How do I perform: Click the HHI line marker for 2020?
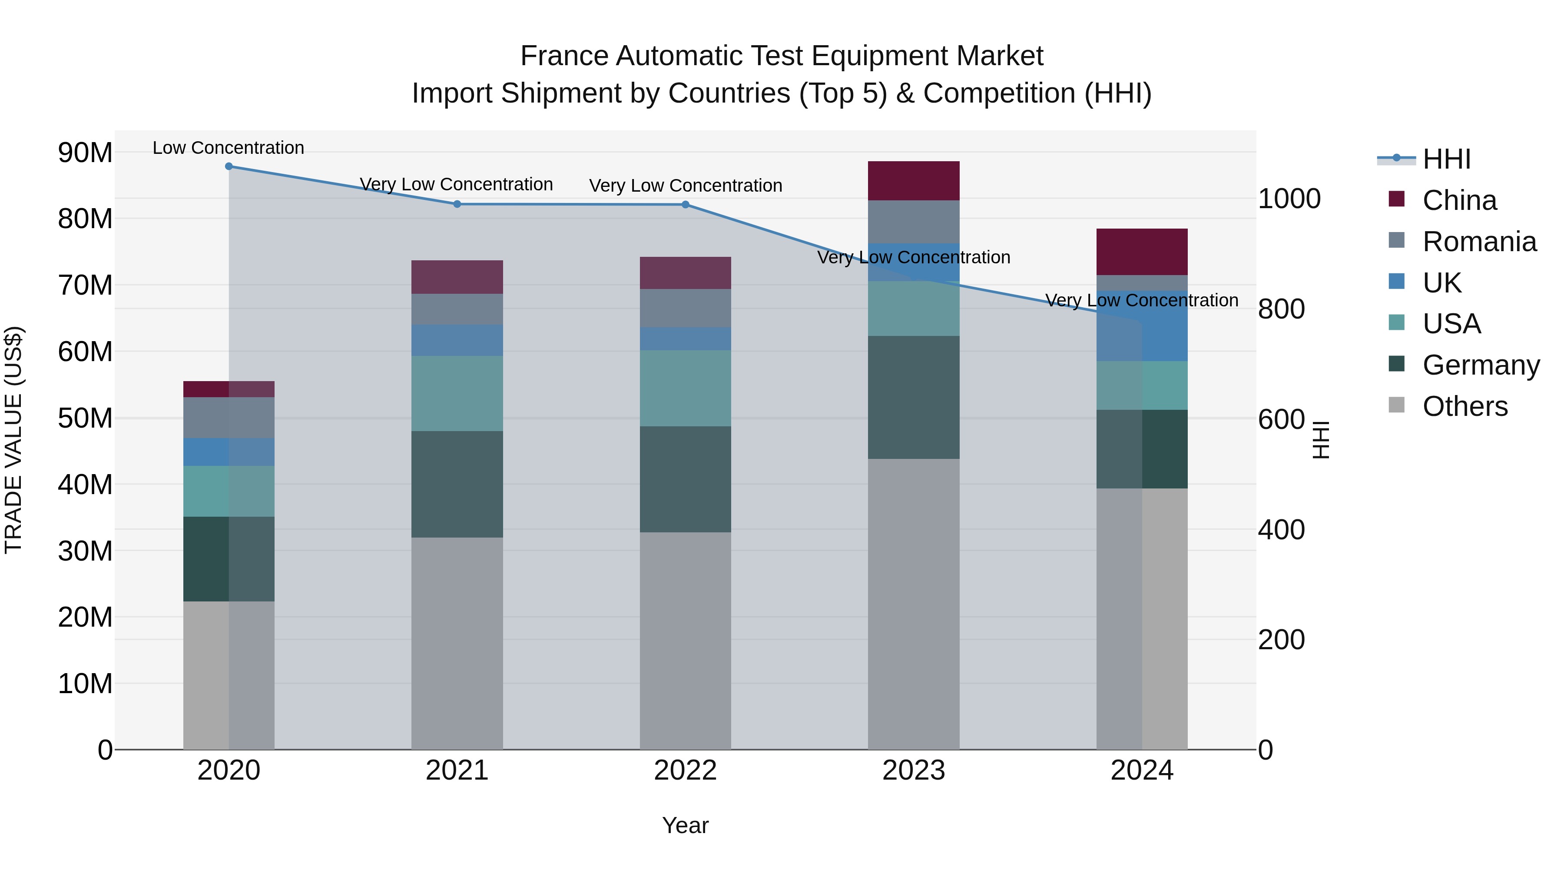tap(229, 166)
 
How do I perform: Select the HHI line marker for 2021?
tap(457, 204)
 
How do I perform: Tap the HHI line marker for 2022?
tap(686, 205)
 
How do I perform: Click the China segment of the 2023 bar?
tap(913, 181)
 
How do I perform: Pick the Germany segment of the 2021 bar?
tap(457, 484)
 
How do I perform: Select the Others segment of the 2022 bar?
tap(686, 641)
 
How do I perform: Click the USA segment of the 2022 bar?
tap(686, 388)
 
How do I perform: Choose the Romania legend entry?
tap(1479, 242)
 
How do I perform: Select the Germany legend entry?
tap(1480, 365)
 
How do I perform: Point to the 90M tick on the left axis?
tap(85, 153)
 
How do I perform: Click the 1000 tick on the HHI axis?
tap(1289, 199)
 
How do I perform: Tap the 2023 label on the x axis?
tap(913, 770)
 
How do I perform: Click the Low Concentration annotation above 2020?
tap(228, 148)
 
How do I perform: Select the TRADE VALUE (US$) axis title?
tap(13, 440)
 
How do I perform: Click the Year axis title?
tap(686, 825)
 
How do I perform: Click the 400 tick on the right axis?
tap(1281, 530)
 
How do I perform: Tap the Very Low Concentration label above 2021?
tap(456, 184)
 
